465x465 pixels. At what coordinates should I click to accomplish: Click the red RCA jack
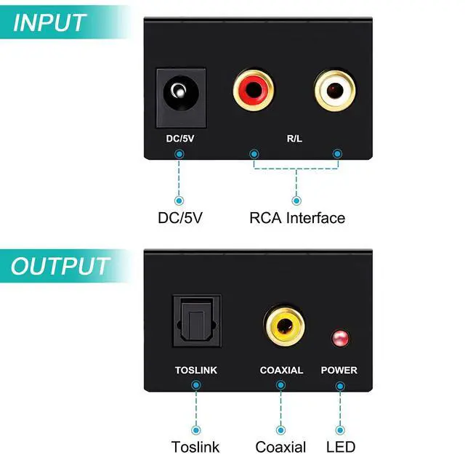pos(254,90)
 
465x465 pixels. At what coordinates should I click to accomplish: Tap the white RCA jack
pos(335,89)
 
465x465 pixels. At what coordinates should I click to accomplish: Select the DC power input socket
pos(181,98)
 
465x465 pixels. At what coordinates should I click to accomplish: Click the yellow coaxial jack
pos(284,326)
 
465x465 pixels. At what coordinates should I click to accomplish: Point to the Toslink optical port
pos(197,321)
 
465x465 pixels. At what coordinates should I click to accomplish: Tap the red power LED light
pos(340,338)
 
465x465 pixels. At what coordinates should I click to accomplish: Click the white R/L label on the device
pos(294,139)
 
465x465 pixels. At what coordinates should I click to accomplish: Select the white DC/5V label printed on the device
pos(180,139)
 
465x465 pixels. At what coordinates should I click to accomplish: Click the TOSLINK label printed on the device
pos(196,370)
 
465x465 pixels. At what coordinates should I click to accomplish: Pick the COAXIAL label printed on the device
pos(281,370)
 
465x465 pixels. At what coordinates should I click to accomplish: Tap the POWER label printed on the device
pos(339,370)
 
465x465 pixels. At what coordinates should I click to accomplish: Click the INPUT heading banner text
pos(49,23)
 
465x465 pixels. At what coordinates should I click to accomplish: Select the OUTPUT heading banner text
pos(60,266)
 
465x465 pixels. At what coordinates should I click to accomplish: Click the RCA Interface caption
pos(297,218)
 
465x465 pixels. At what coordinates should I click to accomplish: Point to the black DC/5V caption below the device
pos(180,218)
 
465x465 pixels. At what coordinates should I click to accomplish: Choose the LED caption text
pos(341,447)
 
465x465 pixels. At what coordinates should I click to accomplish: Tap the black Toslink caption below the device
pos(195,447)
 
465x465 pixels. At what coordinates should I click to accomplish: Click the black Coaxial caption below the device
pos(280,447)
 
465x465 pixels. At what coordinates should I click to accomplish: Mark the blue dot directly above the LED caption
pos(340,430)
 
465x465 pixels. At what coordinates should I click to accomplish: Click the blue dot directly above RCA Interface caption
pos(296,201)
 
